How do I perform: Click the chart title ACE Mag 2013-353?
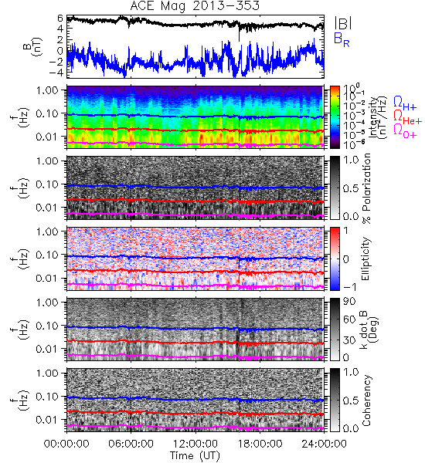click(195, 6)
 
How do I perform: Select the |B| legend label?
click(342, 23)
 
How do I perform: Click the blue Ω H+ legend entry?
click(405, 103)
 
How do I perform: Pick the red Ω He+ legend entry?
click(407, 117)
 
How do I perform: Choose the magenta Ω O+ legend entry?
click(405, 131)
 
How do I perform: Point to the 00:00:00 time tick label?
click(66, 444)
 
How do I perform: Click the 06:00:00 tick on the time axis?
click(131, 444)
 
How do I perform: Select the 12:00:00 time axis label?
click(195, 444)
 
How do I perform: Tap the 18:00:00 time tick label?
click(260, 444)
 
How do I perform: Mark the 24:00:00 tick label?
click(324, 444)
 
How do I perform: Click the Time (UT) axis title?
click(195, 456)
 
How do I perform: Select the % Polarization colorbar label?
click(366, 188)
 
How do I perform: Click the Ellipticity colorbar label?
click(365, 259)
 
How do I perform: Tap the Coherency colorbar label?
click(366, 400)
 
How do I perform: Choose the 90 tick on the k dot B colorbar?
click(349, 302)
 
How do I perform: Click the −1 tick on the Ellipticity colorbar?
click(349, 287)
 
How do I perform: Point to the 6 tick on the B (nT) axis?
click(60, 19)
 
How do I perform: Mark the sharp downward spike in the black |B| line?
click(239, 33)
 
